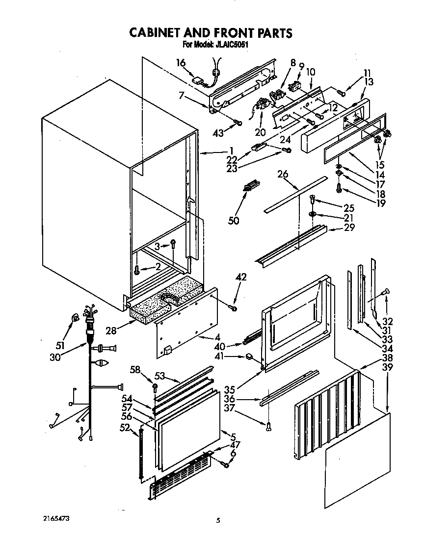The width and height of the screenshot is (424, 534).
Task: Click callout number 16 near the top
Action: (181, 62)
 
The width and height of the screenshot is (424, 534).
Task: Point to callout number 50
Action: (234, 221)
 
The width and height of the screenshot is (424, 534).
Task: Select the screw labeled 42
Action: (233, 307)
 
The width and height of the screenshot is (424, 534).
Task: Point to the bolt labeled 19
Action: (339, 187)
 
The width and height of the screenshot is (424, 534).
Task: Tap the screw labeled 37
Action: (269, 427)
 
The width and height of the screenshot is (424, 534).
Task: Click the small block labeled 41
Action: (249, 356)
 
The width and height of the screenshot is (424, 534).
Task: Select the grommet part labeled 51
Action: (75, 319)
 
